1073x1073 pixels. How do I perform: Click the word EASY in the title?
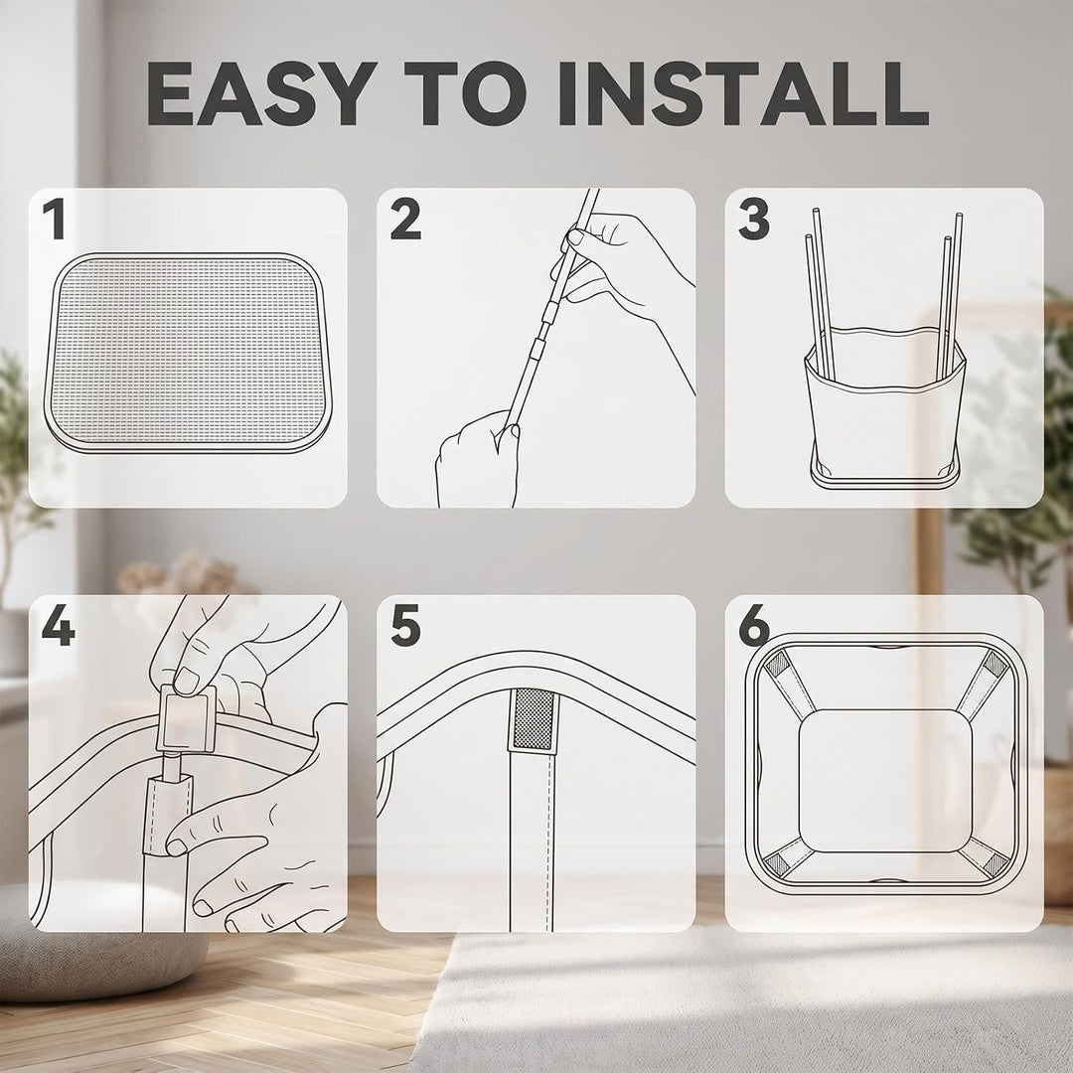[261, 93]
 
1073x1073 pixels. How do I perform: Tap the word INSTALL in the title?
[743, 93]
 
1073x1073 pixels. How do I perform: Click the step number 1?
[55, 219]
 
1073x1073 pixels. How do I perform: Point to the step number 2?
[405, 219]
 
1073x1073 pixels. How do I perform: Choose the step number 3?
[754, 219]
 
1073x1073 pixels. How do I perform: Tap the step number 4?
[59, 626]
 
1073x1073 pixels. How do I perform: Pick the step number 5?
[405, 626]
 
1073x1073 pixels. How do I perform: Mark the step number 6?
[754, 626]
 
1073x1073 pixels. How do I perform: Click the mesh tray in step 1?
[188, 353]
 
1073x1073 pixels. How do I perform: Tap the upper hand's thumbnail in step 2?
[576, 236]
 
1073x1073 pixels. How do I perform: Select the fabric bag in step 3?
[885, 403]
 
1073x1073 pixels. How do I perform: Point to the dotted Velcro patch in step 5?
[533, 718]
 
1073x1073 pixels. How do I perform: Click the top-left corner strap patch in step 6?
[778, 663]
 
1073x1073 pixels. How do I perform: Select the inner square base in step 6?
[885, 780]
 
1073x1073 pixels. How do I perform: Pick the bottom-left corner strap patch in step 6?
[778, 863]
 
